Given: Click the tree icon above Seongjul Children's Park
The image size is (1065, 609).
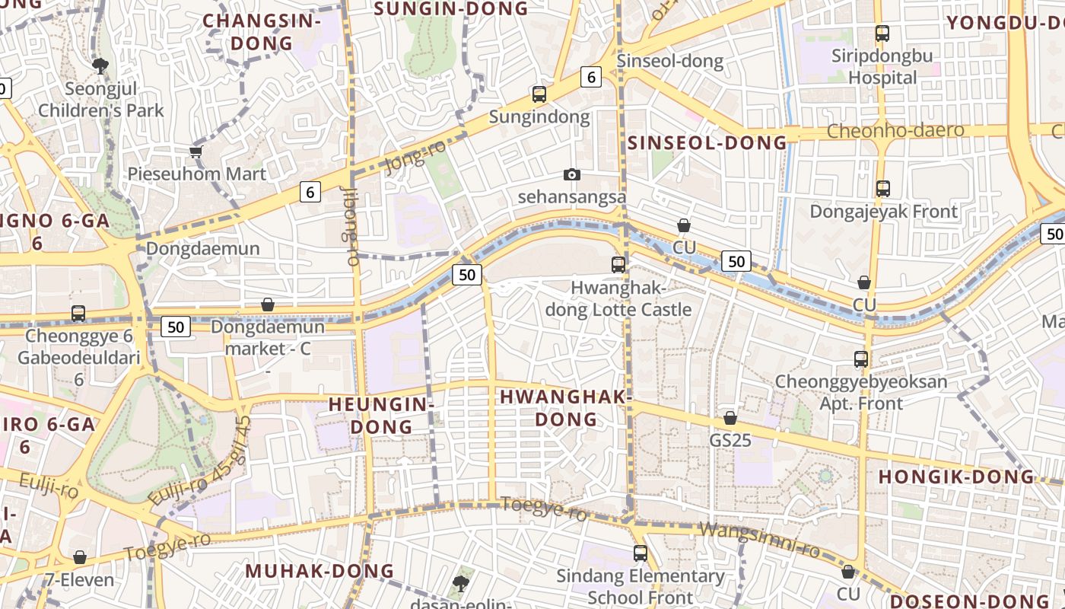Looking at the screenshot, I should (100, 66).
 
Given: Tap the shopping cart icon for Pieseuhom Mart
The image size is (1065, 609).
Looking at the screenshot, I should (196, 151).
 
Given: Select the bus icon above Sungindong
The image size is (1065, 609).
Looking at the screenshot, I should (539, 94).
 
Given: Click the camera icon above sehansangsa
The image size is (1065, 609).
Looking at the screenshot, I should (572, 175).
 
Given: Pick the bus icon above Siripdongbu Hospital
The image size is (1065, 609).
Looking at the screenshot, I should (882, 33).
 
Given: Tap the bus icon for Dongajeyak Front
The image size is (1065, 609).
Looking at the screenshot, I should (882, 189).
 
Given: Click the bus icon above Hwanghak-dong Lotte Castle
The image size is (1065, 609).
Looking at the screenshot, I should (618, 265).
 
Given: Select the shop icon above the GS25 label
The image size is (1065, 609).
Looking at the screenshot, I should (730, 418).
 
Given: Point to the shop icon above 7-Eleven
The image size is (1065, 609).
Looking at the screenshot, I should (80, 558).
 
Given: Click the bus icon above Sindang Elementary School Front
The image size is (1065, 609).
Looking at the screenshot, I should (641, 553).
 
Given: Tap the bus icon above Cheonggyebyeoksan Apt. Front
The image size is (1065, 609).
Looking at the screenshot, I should (861, 359).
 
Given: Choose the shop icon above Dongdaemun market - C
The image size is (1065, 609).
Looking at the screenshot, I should (268, 305).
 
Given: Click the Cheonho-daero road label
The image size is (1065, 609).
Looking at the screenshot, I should (895, 131).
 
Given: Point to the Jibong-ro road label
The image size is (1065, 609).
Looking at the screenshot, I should (351, 226).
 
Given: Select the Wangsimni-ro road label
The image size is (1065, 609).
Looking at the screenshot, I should (758, 540).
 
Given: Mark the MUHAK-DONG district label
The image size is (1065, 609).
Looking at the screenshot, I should (319, 571).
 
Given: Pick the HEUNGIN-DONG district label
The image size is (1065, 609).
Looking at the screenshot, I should (370, 415).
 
